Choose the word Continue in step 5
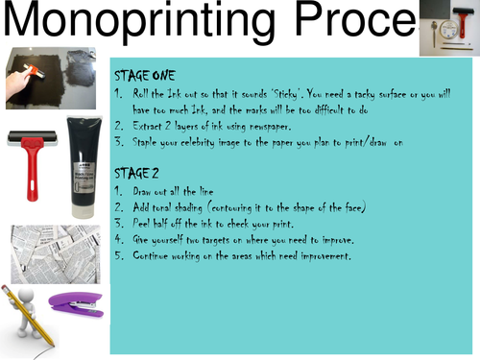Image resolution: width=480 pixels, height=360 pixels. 153,256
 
